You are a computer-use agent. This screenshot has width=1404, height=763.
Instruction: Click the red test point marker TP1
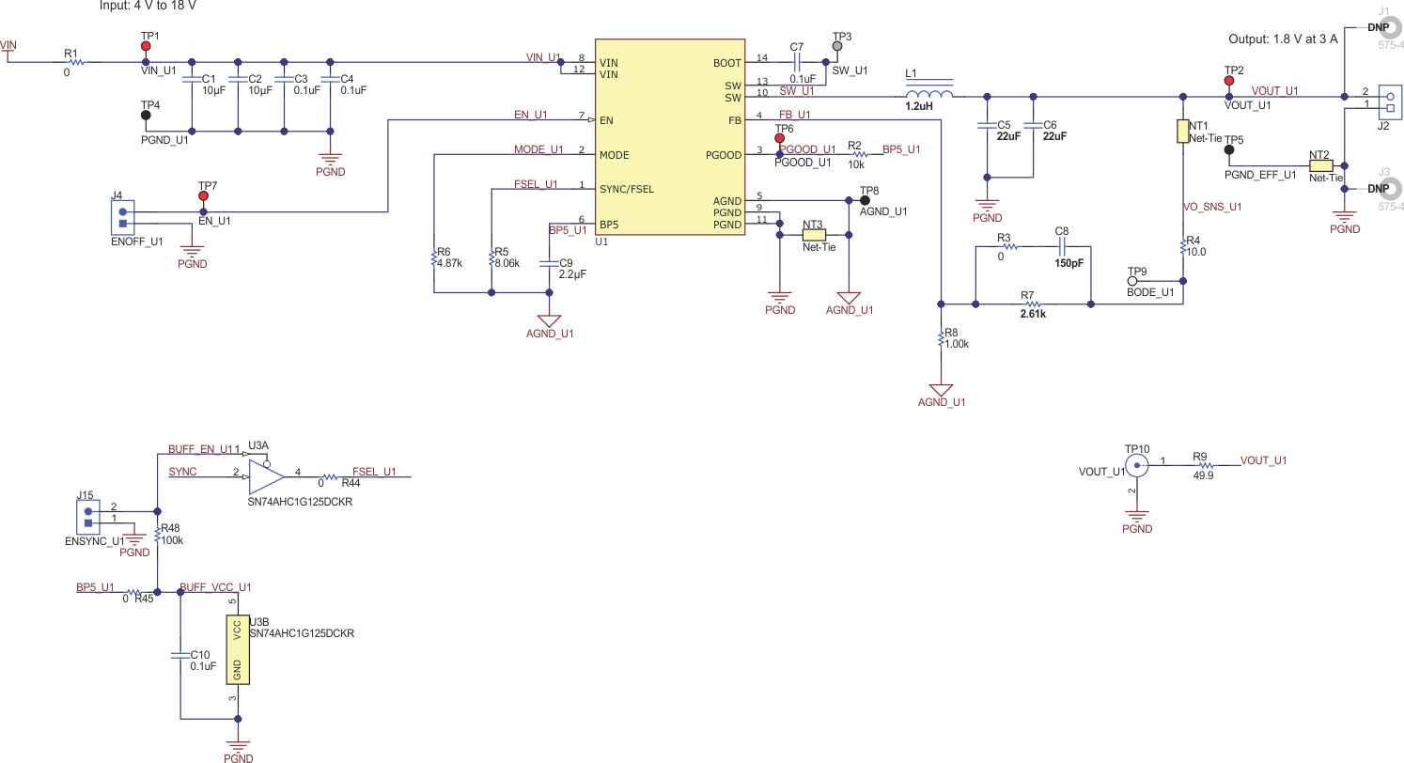[146, 46]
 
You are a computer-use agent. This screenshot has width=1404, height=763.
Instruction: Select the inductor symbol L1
[929, 94]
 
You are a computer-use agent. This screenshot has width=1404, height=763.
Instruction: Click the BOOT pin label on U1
[726, 63]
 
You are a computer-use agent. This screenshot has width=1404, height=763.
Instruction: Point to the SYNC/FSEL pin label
[626, 189]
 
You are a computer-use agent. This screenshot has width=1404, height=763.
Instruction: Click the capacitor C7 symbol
[797, 63]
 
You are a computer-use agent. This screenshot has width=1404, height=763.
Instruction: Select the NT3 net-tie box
[814, 234]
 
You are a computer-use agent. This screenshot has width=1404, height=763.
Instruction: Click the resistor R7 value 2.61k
[1033, 315]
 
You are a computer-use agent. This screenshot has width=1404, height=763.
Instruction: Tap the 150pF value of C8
[1069, 263]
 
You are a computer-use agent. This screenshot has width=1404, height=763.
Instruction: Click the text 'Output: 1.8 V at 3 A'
[1283, 39]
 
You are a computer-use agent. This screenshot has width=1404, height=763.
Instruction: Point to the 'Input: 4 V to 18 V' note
[148, 6]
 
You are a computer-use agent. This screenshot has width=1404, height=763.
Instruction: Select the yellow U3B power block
[238, 649]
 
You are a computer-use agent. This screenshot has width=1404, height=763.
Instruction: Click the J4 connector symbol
[122, 217]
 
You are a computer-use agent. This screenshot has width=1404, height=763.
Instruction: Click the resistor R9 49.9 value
[1202, 476]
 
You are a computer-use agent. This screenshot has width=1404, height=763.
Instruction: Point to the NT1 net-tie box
[1183, 132]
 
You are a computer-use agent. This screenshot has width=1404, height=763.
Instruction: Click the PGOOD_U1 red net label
[807, 149]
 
